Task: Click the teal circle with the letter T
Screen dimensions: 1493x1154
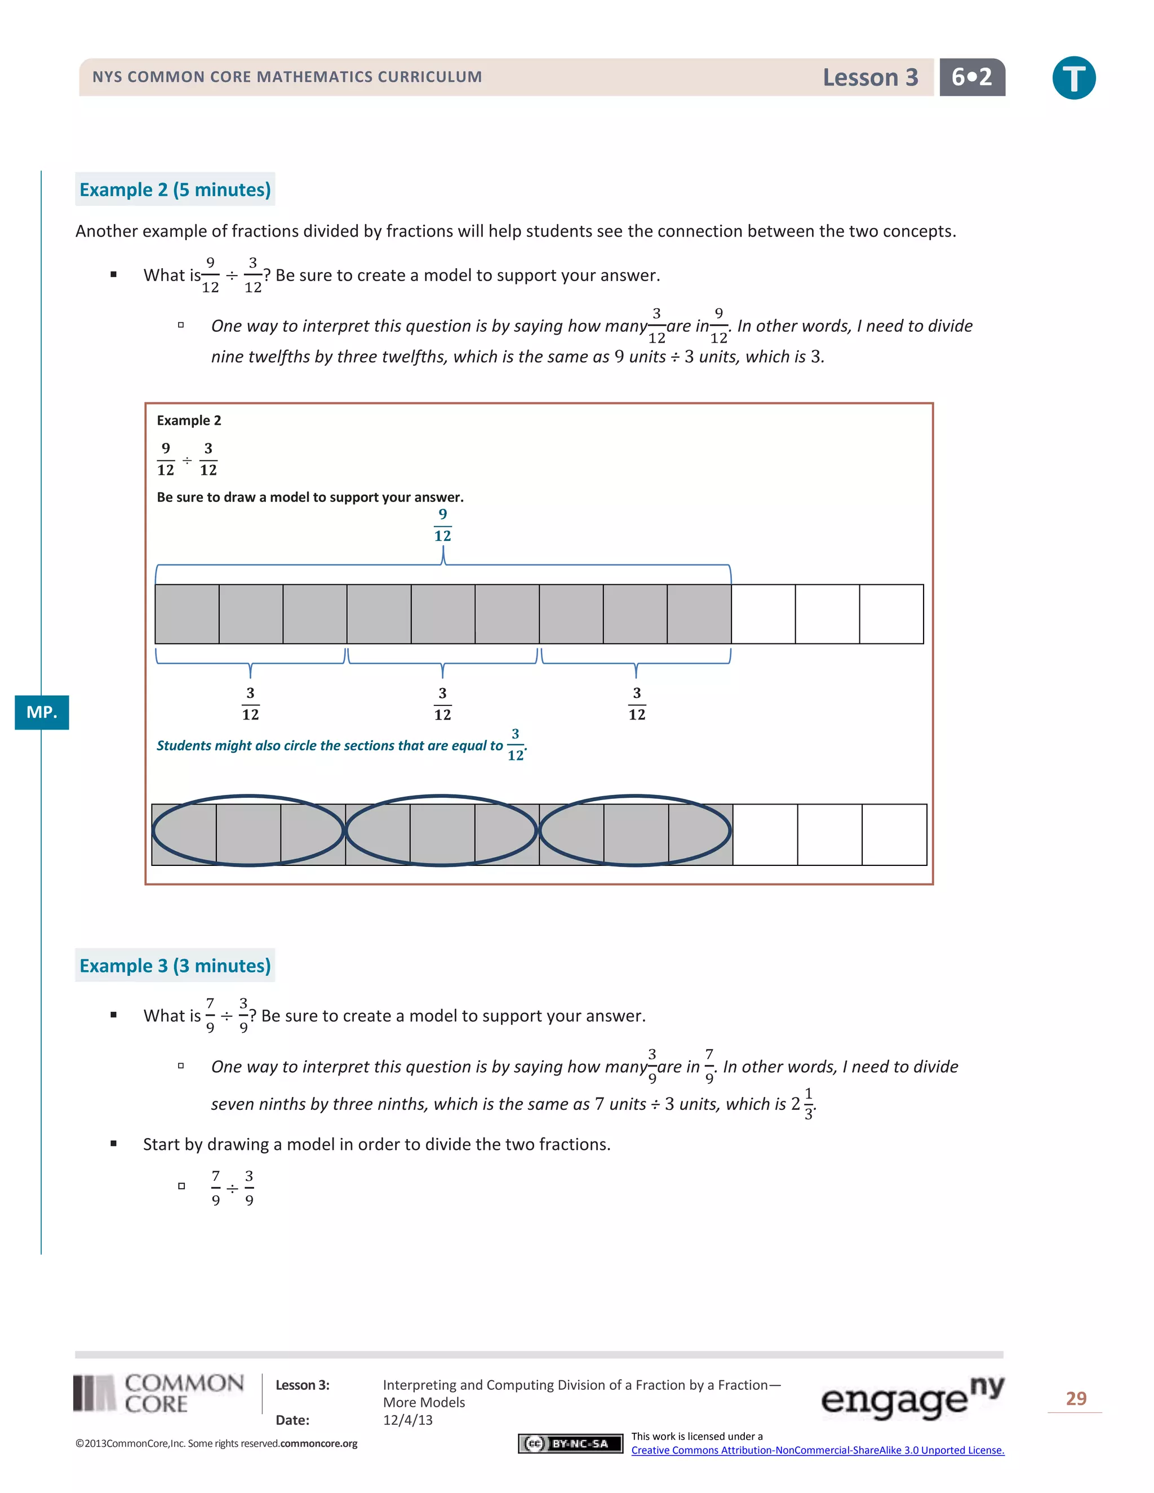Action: click(1073, 78)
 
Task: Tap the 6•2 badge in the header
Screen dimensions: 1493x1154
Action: click(971, 77)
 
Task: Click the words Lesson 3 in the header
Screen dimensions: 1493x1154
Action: click(869, 77)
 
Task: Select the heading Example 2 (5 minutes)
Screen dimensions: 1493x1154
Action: click(175, 189)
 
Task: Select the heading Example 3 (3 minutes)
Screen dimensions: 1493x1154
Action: click(175, 965)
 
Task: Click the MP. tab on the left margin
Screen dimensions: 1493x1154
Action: click(42, 712)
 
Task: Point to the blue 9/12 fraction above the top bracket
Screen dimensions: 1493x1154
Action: click(442, 525)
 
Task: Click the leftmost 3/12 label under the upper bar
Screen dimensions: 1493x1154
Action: click(250, 704)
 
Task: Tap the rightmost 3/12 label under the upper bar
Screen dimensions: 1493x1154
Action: click(637, 704)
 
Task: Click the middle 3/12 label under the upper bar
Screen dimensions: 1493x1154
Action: click(442, 704)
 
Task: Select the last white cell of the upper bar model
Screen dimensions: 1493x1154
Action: click(891, 614)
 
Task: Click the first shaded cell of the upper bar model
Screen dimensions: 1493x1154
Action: click(187, 614)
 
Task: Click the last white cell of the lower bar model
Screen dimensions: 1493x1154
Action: click(894, 835)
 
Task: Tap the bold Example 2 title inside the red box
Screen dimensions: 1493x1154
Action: click(189, 420)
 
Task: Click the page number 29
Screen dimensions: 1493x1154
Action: click(1075, 1399)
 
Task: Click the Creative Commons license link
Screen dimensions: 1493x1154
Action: click(817, 1450)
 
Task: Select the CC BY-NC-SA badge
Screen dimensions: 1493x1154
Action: click(570, 1443)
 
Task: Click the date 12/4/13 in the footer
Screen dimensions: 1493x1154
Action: click(407, 1420)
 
